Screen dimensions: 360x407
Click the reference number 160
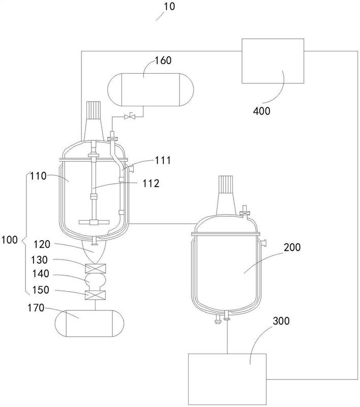click(163, 60)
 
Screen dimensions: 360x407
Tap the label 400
click(262, 111)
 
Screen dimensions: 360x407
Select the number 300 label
click(281, 321)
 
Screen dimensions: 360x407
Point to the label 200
click(292, 247)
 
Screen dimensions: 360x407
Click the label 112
click(151, 184)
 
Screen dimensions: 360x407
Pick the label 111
click(163, 160)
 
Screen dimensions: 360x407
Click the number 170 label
click(36, 308)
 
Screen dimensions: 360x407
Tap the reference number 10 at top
click(169, 6)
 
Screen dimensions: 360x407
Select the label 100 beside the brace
click(9, 240)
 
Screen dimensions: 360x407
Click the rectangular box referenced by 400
click(273, 61)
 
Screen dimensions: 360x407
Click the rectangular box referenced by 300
click(227, 379)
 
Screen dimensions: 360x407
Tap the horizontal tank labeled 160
click(151, 90)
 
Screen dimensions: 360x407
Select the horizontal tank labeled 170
click(89, 323)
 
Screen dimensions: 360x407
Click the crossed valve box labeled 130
click(95, 268)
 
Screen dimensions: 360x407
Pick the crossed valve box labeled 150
click(95, 295)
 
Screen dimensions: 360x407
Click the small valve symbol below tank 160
click(129, 117)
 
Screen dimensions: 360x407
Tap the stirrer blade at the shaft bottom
click(94, 222)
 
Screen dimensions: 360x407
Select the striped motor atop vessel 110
click(94, 109)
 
